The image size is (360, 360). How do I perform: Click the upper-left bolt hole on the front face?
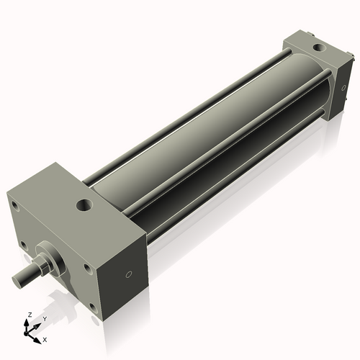14,204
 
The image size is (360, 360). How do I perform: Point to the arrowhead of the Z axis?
27,323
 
